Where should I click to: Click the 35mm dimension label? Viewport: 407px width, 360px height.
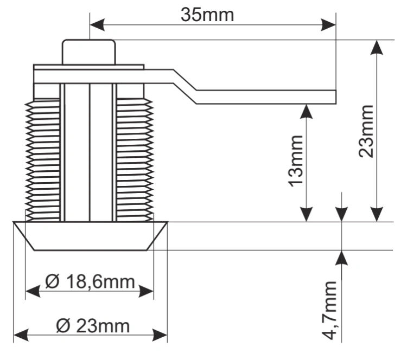click(x=207, y=15)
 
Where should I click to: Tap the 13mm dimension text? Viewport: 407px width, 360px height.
click(x=296, y=161)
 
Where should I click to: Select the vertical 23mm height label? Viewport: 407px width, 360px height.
click(x=366, y=131)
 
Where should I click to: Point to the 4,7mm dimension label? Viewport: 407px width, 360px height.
click(x=329, y=310)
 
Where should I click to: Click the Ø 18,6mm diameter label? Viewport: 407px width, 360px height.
click(x=90, y=281)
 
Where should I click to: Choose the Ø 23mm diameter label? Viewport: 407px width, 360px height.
click(x=93, y=326)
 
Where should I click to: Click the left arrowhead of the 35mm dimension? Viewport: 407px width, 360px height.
click(x=97, y=25)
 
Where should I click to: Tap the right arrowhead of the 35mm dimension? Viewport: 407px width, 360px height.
click(x=328, y=25)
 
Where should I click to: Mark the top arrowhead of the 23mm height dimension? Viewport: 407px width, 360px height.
click(x=377, y=48)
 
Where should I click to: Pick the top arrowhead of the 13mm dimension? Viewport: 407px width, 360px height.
click(x=306, y=112)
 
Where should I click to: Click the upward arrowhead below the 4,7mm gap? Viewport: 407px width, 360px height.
click(x=341, y=258)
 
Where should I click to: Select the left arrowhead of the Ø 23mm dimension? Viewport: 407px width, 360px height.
click(x=21, y=335)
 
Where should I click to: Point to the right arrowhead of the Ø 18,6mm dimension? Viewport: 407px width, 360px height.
click(x=146, y=291)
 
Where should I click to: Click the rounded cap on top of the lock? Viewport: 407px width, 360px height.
click(x=88, y=52)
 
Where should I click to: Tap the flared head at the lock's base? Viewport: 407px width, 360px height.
click(x=90, y=236)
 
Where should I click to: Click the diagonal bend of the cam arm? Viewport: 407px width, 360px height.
click(x=185, y=87)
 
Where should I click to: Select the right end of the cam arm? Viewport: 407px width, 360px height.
click(x=335, y=97)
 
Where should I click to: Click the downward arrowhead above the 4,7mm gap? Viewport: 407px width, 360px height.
click(x=341, y=214)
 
